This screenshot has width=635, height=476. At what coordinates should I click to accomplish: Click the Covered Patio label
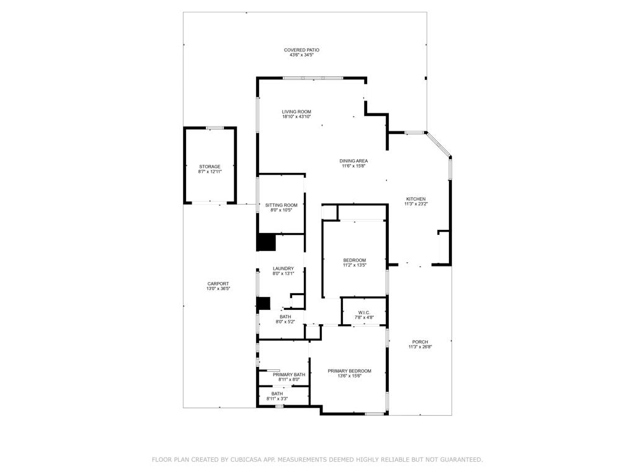click(301, 50)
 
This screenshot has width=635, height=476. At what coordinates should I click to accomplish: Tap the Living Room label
click(296, 112)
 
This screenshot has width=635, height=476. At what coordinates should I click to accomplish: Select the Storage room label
click(210, 167)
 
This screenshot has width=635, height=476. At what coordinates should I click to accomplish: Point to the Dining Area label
click(354, 161)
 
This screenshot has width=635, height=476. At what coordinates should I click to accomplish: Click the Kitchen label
click(415, 199)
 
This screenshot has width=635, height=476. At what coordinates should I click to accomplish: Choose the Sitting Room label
click(281, 205)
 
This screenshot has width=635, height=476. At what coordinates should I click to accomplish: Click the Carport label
click(218, 284)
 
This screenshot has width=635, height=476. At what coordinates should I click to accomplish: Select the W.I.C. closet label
click(364, 312)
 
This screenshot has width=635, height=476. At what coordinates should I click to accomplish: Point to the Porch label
click(420, 342)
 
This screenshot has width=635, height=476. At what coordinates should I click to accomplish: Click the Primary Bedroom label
click(349, 371)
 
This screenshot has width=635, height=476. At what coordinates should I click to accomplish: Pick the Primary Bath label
click(289, 374)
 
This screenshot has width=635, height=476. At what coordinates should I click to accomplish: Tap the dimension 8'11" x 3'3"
click(277, 399)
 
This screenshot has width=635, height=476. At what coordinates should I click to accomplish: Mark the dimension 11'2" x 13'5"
click(355, 265)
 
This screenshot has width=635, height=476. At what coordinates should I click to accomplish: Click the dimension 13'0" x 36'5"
click(218, 289)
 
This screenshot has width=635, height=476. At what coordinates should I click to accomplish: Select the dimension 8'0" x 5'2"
click(285, 321)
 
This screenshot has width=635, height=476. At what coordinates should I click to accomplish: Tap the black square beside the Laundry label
click(267, 242)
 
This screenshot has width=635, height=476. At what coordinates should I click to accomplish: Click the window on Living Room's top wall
click(313, 78)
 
